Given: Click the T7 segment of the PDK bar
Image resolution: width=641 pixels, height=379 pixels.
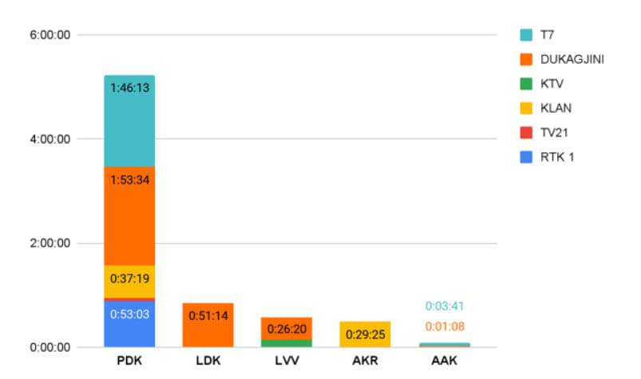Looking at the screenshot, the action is (x=129, y=121).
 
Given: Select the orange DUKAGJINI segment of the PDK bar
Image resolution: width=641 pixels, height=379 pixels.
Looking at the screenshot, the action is (x=129, y=216).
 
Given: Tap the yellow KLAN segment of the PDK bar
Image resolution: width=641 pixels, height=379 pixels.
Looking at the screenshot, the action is (x=129, y=282).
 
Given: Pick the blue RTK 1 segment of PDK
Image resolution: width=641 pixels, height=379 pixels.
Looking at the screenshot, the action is (x=129, y=324).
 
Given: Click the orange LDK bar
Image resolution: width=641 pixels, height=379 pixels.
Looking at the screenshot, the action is (x=208, y=325).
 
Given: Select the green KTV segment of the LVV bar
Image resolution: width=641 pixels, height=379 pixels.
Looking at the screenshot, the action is (x=286, y=343).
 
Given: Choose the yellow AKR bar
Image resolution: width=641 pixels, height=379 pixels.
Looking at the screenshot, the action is (x=365, y=334).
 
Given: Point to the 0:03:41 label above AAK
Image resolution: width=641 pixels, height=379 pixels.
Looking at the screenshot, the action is (x=445, y=306).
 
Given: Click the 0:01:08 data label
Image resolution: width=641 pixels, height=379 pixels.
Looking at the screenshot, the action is (x=445, y=326).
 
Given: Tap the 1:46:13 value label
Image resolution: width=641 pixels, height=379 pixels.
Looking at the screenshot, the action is (x=129, y=88).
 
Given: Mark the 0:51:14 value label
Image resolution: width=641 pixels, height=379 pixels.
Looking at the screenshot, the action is (x=208, y=315).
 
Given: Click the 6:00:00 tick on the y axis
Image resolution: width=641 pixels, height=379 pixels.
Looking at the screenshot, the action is (x=49, y=35).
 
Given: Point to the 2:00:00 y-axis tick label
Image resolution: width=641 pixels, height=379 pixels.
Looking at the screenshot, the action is (x=49, y=243).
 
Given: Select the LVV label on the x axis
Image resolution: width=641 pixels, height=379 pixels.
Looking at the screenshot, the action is (x=287, y=361).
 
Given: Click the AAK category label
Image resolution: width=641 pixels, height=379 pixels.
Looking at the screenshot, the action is (x=445, y=361).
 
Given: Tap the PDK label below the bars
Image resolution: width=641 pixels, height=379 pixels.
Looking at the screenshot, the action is (x=129, y=361).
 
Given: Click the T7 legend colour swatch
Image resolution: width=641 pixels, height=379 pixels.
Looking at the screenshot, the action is (x=526, y=35).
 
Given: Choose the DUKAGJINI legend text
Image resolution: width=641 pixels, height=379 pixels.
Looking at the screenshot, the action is (x=572, y=60).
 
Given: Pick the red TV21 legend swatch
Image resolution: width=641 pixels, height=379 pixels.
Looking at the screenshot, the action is (x=526, y=132).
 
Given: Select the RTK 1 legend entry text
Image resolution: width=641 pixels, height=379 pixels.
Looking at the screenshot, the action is (x=557, y=157).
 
